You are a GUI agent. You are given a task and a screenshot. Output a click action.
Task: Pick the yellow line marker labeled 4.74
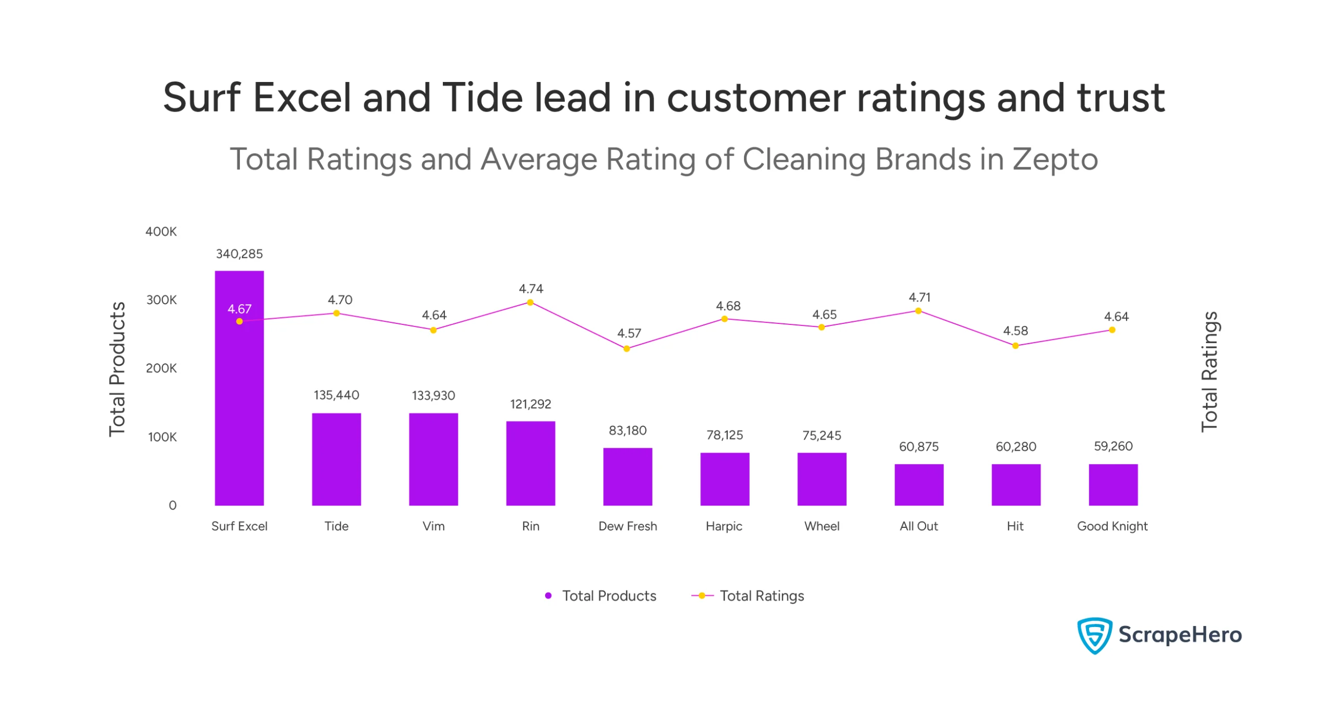coord(530,303)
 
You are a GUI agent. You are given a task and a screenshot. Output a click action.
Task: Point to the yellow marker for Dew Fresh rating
coord(627,349)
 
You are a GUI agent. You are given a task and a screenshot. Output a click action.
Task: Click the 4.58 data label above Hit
coord(1015,331)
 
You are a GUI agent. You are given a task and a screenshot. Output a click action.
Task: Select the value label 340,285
coord(239,254)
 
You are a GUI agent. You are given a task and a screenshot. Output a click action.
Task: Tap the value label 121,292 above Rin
coord(530,404)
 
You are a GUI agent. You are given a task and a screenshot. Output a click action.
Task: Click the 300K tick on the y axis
coord(161,300)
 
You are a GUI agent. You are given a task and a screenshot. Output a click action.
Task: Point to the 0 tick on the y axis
coord(172,505)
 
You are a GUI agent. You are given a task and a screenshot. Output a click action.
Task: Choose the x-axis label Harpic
coord(724,526)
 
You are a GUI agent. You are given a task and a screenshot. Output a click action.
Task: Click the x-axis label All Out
coord(918,526)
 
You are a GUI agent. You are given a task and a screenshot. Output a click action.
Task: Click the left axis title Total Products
coord(117,369)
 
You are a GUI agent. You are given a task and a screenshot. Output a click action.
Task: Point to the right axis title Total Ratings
coord(1209,371)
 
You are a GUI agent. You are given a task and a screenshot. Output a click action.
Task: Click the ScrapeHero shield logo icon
coord(1094,635)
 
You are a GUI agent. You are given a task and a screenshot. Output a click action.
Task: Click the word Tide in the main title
coord(482,98)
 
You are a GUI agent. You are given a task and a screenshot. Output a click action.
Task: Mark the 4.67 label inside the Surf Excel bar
coord(239,309)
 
